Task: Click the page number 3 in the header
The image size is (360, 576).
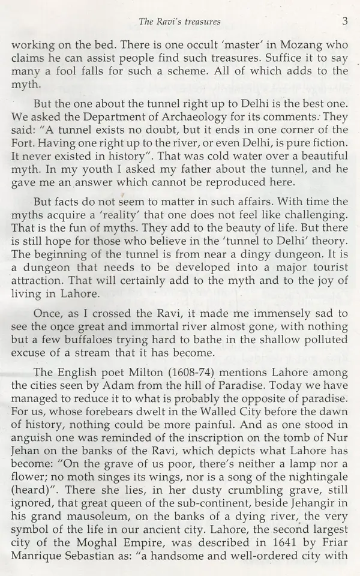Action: pos(344,22)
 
